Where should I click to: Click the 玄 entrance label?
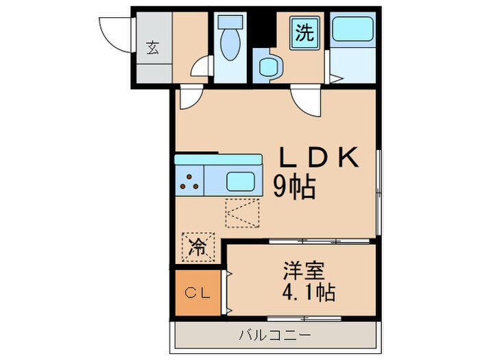point(152,48)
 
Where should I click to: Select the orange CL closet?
point(197,293)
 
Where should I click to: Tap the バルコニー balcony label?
point(274,335)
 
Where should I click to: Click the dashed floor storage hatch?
point(243,213)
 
